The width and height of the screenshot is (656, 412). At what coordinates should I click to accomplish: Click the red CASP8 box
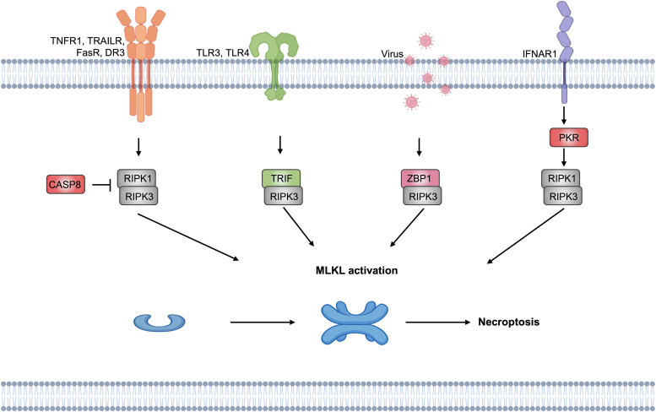(66, 184)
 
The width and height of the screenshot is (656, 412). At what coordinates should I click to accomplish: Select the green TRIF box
(281, 178)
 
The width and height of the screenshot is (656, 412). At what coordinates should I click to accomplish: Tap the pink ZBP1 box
(420, 178)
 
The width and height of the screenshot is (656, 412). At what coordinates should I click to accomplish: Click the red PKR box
(568, 138)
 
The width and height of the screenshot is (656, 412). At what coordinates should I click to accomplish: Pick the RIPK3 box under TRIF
(283, 196)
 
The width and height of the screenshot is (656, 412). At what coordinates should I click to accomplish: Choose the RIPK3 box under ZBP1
(422, 196)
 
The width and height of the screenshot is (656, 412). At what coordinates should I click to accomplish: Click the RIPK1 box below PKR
(561, 178)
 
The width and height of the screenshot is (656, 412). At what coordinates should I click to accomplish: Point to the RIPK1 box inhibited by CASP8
(137, 178)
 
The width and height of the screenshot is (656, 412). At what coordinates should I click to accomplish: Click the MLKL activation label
(356, 270)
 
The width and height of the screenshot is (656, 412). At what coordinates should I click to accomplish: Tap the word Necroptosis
(509, 322)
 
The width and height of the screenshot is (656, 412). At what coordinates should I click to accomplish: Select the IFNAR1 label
(539, 53)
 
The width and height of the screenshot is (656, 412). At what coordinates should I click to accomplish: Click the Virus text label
(392, 53)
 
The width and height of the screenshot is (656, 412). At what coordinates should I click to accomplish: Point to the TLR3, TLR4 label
(223, 52)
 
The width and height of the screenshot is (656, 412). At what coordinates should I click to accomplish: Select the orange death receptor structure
(140, 62)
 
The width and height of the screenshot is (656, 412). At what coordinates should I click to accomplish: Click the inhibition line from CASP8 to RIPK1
(100, 184)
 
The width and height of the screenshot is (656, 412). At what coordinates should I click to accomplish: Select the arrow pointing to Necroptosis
(438, 322)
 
